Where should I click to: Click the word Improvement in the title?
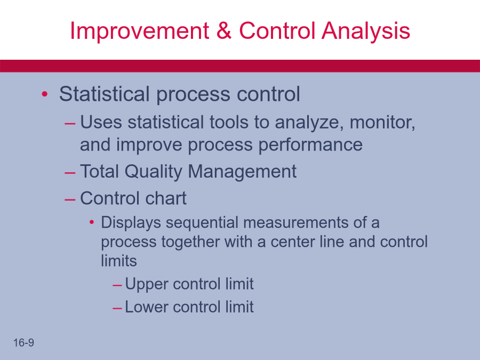coord(139,30)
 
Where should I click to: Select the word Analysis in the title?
coord(366,31)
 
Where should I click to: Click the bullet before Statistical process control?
coord(45,94)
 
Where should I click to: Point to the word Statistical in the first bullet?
coord(105,94)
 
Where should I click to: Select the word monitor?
coord(382,123)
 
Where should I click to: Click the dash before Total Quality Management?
coord(70,173)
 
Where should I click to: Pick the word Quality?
coord(154,172)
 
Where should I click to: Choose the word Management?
coord(242,172)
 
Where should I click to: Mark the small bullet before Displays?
coord(92,222)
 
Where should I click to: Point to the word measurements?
coord(295,222)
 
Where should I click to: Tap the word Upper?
coord(146,284)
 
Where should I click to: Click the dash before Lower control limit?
coord(117,308)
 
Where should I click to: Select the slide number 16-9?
coord(23,343)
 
